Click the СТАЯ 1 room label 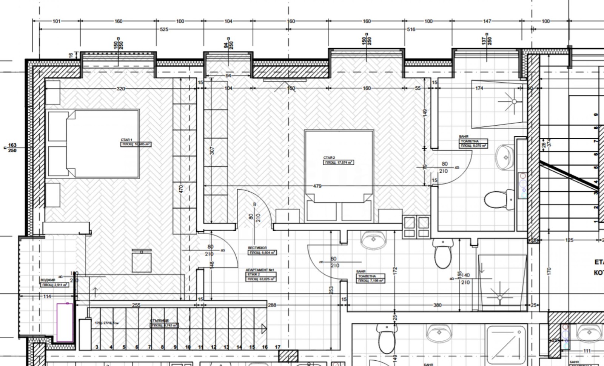pos(126,140)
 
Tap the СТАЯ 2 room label pos(329,158)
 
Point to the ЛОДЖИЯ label pos(48,280)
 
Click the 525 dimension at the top pos(164,29)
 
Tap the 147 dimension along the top pos(487,21)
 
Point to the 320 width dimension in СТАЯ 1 pos(120,89)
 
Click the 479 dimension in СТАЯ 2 pos(317,186)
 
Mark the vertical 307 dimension pos(212,151)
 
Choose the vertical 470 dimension pos(181,189)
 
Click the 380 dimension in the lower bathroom pos(437,305)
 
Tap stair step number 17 pos(277,347)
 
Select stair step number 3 pos(97,347)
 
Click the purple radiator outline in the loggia pos(65,323)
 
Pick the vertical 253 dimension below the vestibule pos(331,290)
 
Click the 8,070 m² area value pos(478,145)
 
